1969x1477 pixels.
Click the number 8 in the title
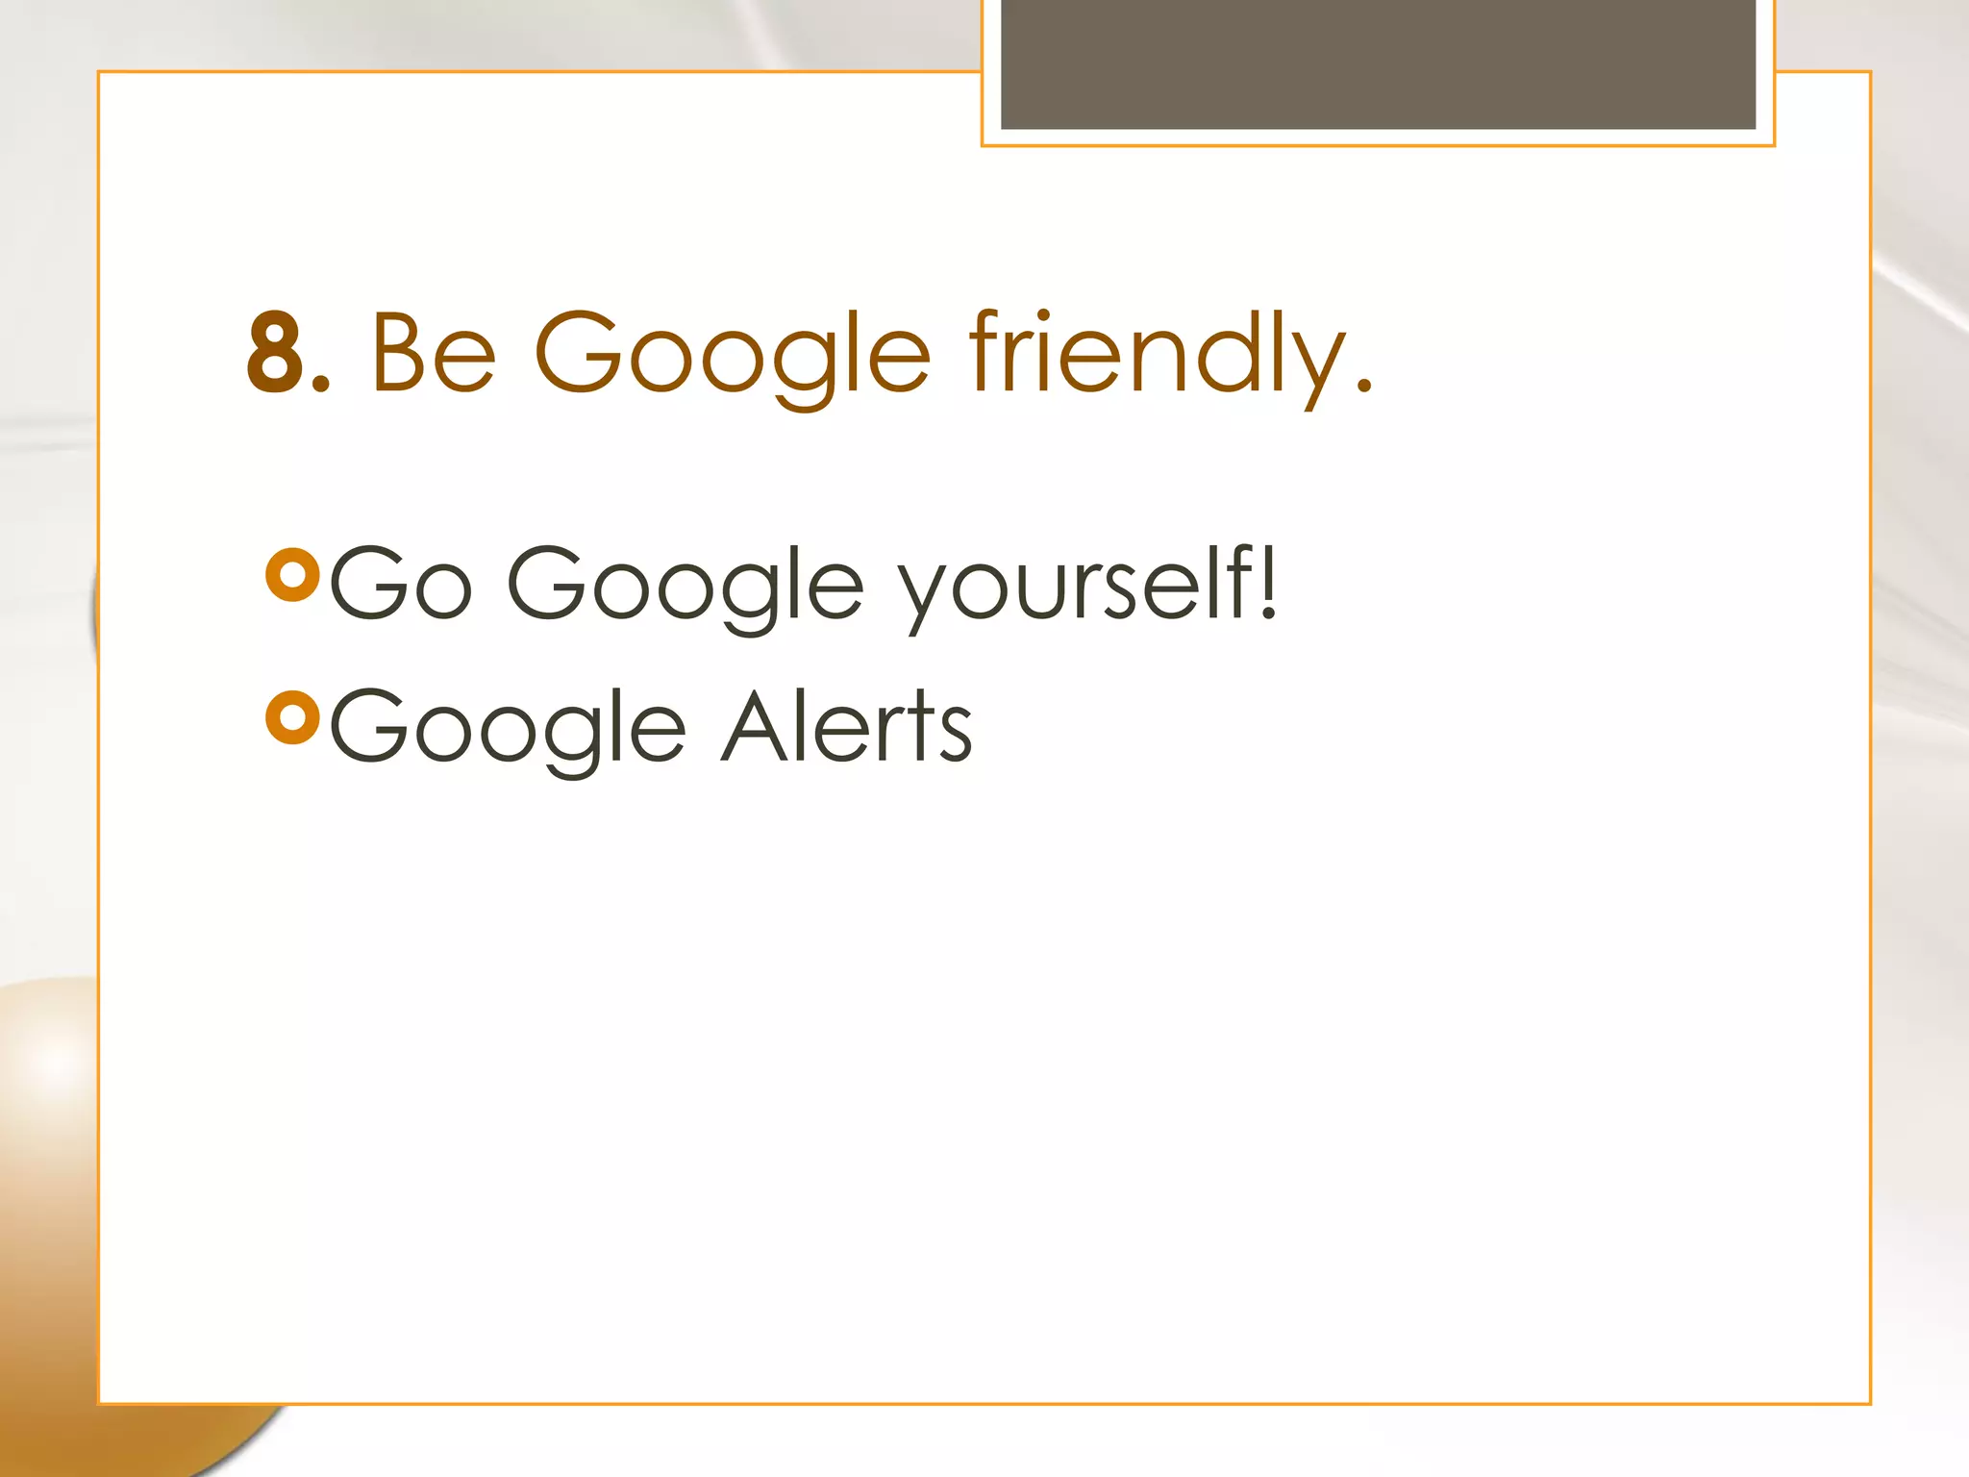click(x=276, y=353)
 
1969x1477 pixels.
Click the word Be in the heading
click(x=433, y=353)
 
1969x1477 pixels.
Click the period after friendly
click(x=1363, y=386)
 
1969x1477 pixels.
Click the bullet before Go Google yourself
click(x=292, y=575)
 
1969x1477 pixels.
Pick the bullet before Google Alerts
click(x=292, y=717)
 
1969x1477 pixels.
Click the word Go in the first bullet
click(x=401, y=583)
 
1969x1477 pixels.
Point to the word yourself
click(x=1073, y=585)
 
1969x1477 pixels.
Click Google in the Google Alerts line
click(x=508, y=729)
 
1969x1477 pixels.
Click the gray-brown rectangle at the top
click(x=1378, y=63)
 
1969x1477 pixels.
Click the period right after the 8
click(x=322, y=386)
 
